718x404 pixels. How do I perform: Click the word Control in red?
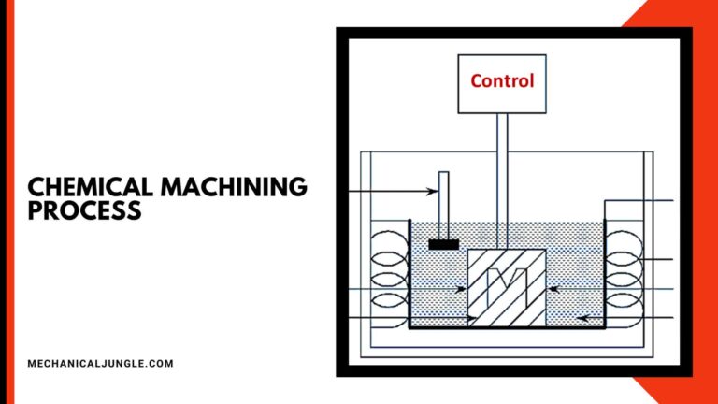tap(502, 80)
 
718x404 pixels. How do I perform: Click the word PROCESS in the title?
tap(85, 210)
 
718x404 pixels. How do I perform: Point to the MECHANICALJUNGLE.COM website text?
tap(101, 363)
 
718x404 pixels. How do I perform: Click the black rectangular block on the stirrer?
tap(443, 245)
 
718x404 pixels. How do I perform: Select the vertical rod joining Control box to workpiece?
tap(502, 178)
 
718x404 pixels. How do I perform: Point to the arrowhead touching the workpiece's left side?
tap(461, 290)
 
